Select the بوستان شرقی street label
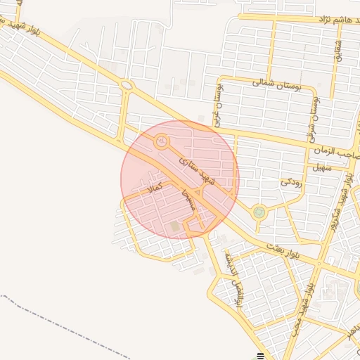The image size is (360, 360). [x=311, y=115]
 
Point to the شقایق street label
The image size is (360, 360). [x=337, y=49]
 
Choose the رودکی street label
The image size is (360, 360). [x=291, y=181]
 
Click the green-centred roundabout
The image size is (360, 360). [x=260, y=211]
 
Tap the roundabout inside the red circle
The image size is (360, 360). [x=162, y=142]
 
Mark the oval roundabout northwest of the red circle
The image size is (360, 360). [x=127, y=86]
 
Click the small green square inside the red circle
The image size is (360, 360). [x=174, y=226]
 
